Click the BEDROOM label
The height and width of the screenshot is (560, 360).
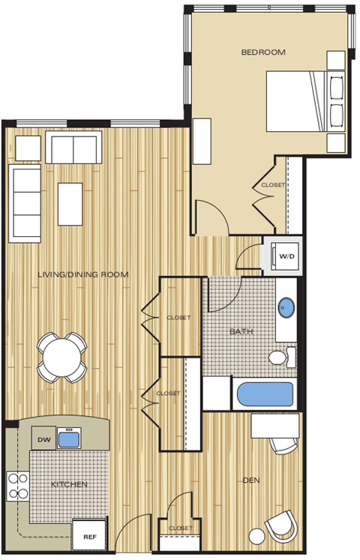click(263, 52)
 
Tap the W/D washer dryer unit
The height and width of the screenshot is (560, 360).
click(286, 256)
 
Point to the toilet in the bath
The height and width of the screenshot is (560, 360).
click(281, 357)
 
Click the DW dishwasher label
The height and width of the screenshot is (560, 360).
click(43, 440)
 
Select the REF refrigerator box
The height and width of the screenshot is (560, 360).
click(89, 536)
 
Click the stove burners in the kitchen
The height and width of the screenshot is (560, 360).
click(16, 487)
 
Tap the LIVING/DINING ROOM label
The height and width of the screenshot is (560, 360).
click(83, 275)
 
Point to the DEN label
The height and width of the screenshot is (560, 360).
click(251, 481)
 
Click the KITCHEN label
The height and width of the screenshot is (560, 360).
click(69, 485)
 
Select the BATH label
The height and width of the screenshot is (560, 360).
click(241, 331)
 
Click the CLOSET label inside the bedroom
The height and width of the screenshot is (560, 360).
click(272, 185)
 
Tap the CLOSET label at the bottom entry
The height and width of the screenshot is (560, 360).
click(181, 528)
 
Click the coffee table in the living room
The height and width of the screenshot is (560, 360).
click(72, 203)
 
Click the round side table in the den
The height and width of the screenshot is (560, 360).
click(258, 537)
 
